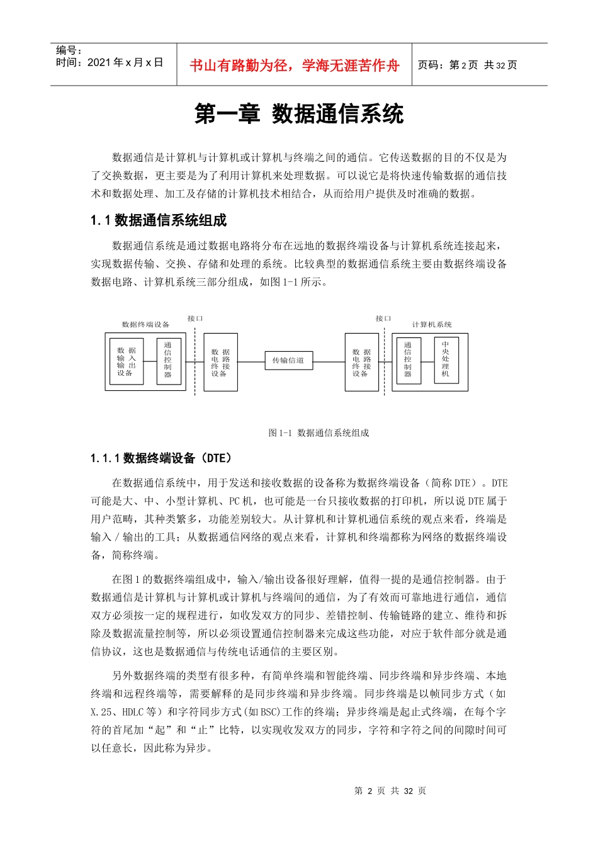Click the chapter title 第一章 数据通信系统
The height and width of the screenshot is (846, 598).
(x=298, y=115)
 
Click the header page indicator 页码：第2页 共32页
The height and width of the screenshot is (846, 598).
(x=467, y=65)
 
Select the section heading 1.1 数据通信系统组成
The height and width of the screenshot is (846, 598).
(x=158, y=220)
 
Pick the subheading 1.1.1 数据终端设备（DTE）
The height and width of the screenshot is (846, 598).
(x=161, y=458)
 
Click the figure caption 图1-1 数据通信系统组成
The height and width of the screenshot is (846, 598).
(x=319, y=433)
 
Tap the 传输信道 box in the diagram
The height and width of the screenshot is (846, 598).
(x=288, y=361)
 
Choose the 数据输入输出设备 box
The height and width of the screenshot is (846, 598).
(x=127, y=361)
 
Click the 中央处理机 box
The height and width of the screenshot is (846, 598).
(x=446, y=360)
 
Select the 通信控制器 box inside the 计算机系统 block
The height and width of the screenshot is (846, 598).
(x=408, y=360)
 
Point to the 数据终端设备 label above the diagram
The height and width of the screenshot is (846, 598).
(x=145, y=325)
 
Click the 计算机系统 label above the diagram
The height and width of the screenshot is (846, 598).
(x=432, y=325)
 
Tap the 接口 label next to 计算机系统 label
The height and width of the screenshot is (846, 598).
(x=383, y=319)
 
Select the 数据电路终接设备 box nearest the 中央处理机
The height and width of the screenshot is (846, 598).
(x=361, y=363)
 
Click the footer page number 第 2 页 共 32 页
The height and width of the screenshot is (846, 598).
(x=390, y=791)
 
